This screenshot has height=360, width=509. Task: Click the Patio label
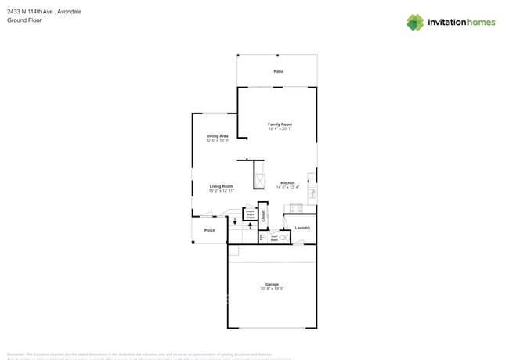point(278,71)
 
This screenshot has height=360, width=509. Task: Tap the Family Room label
point(280,124)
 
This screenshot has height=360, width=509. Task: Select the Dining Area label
point(217,136)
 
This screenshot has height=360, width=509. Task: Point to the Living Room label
point(221,186)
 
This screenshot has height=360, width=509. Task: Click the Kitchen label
point(287,183)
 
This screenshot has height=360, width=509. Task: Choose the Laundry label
point(302,228)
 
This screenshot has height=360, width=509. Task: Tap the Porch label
point(210,230)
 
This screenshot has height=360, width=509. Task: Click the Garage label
point(272,284)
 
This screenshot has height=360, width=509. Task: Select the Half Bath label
point(274,238)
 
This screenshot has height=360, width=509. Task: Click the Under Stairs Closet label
point(250,214)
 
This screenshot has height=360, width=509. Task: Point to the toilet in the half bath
point(283,237)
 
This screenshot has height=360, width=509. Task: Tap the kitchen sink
point(312,191)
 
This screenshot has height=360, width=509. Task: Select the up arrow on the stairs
point(249,225)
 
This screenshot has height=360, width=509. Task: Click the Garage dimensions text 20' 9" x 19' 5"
point(272,289)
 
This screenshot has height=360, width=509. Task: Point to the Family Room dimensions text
point(280,129)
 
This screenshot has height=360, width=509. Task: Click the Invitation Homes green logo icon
point(415,23)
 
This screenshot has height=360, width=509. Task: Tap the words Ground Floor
point(24,20)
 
